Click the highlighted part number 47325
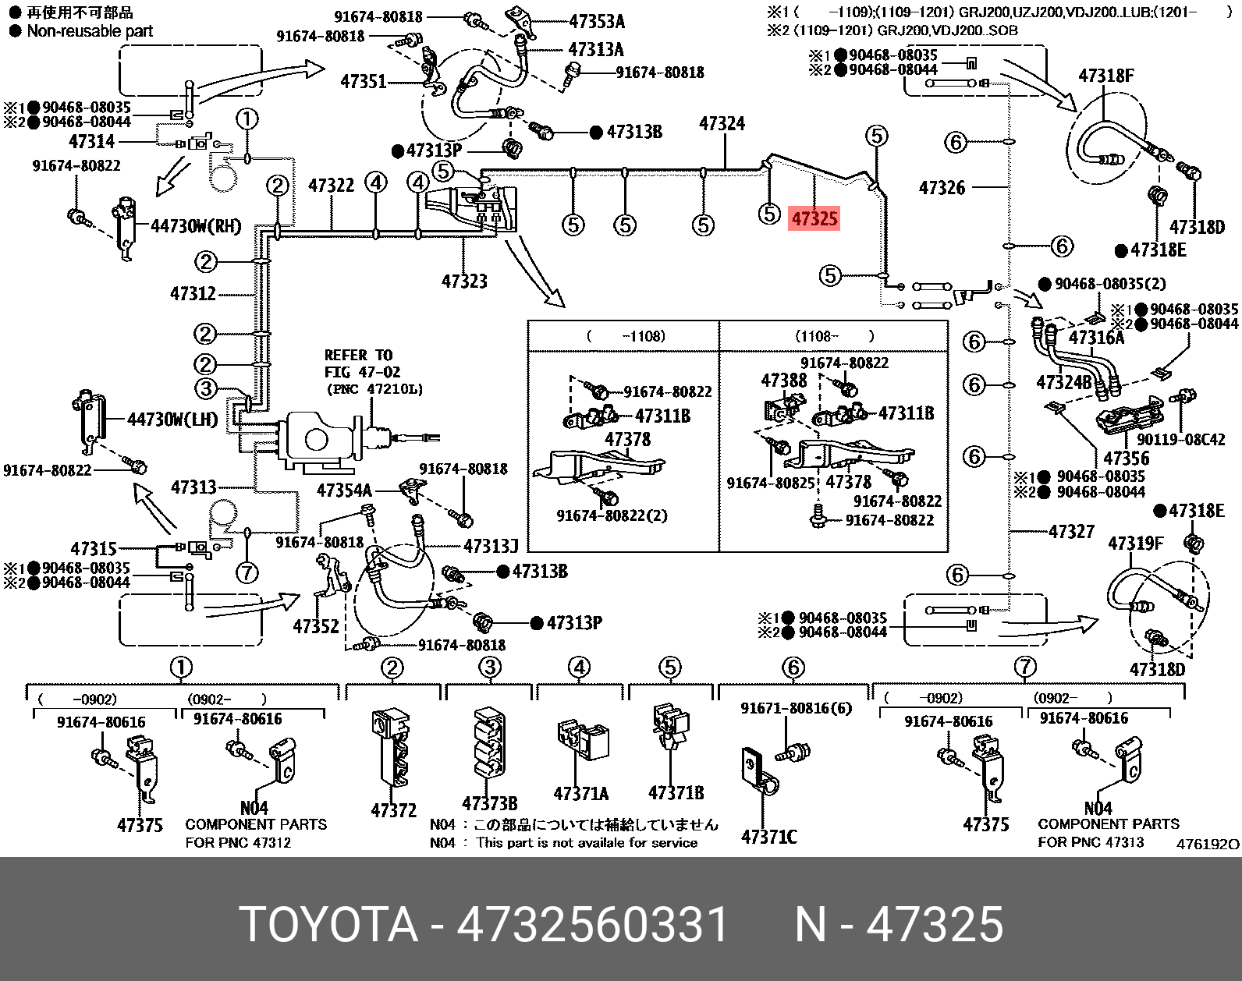[814, 219]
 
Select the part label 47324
[722, 123]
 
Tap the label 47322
[331, 185]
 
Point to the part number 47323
[464, 281]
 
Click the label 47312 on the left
[193, 293]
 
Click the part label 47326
[942, 187]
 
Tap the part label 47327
[1072, 532]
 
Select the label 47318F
[1106, 76]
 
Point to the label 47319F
[1136, 543]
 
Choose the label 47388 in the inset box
[784, 381]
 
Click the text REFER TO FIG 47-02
[359, 364]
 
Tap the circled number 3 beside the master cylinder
[205, 388]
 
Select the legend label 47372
[394, 811]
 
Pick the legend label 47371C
[768, 837]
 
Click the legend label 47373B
[489, 803]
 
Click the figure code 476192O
[1207, 844]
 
